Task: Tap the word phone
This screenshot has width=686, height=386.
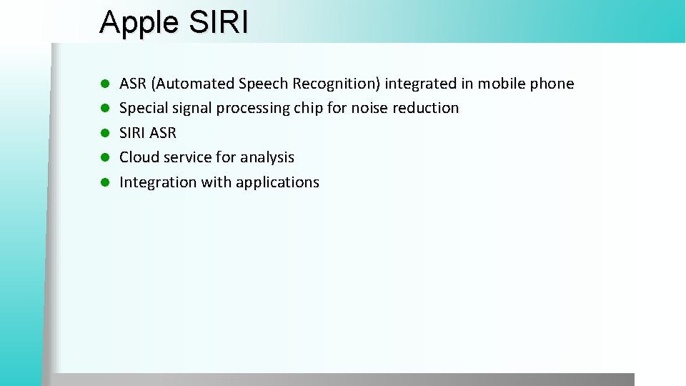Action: (x=551, y=84)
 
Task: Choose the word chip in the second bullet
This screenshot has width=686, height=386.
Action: (x=308, y=108)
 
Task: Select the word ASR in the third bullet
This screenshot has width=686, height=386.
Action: (x=163, y=133)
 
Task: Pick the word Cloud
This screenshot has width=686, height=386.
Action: (x=139, y=157)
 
